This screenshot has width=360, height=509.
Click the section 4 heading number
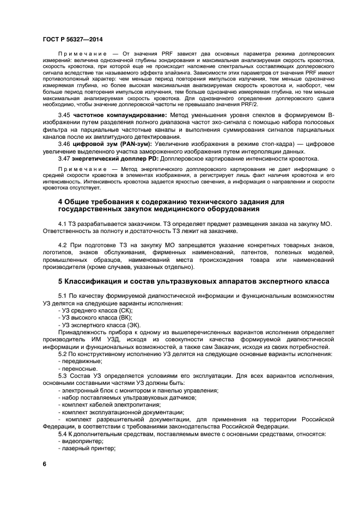pos(60,202)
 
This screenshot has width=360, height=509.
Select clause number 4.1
pos(63,224)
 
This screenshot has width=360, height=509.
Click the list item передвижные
pos(82,361)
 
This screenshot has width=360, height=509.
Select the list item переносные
pos(80,369)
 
